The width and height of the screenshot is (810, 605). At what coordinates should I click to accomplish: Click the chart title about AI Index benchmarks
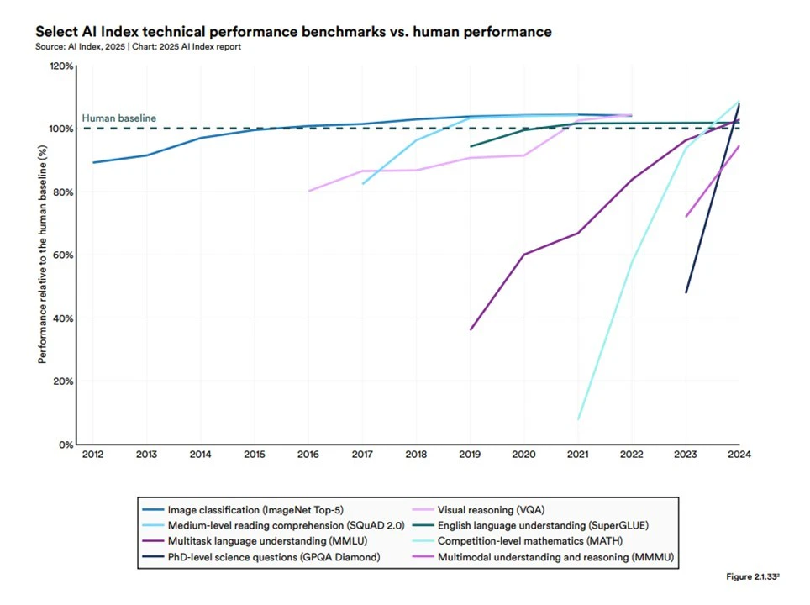pyautogui.click(x=293, y=32)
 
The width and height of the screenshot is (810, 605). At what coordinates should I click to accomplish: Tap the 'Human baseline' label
pyautogui.click(x=118, y=118)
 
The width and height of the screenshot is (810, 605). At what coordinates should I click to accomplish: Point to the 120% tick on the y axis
pyautogui.click(x=61, y=66)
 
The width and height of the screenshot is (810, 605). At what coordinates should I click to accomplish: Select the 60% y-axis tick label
pyautogui.click(x=63, y=255)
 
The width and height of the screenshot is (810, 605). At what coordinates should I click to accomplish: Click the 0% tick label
pyautogui.click(x=66, y=445)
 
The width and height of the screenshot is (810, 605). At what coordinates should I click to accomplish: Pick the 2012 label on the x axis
pyautogui.click(x=93, y=455)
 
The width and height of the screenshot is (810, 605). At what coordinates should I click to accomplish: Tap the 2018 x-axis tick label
pyautogui.click(x=416, y=455)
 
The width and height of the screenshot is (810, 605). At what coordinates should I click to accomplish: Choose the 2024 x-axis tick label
pyautogui.click(x=739, y=455)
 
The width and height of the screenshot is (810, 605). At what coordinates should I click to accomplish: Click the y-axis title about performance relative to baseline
pyautogui.click(x=42, y=255)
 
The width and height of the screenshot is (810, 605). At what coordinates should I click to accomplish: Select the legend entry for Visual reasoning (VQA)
pyautogui.click(x=478, y=510)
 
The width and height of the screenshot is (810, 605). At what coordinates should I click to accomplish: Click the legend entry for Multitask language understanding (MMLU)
pyautogui.click(x=255, y=541)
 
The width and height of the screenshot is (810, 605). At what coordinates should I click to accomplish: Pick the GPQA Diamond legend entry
pyautogui.click(x=260, y=557)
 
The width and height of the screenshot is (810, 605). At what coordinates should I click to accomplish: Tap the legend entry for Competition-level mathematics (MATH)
pyautogui.click(x=517, y=541)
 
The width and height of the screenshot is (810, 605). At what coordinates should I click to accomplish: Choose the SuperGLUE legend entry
pyautogui.click(x=530, y=525)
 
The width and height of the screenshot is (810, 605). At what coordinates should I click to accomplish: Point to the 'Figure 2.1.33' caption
pyautogui.click(x=753, y=576)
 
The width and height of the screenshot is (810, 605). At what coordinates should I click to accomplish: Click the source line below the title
pyautogui.click(x=138, y=46)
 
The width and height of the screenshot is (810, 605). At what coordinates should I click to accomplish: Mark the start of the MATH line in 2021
pyautogui.click(x=578, y=419)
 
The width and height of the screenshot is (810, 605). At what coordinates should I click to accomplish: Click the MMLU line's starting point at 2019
pyautogui.click(x=471, y=329)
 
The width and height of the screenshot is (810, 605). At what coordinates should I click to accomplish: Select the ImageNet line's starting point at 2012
pyautogui.click(x=93, y=163)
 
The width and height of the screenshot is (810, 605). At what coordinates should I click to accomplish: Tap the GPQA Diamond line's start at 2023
pyautogui.click(x=686, y=293)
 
